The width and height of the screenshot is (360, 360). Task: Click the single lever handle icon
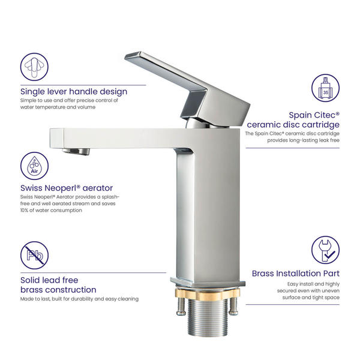(34, 67)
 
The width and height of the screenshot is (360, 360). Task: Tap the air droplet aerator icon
(34, 166)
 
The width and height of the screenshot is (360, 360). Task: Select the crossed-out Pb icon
(34, 255)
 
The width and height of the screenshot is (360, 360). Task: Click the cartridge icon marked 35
(325, 88)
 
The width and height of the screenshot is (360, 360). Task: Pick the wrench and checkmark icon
(325, 250)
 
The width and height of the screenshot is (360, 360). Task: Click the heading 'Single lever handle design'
(74, 91)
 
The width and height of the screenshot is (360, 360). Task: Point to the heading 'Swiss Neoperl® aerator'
(67, 188)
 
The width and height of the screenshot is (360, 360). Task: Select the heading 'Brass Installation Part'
(295, 273)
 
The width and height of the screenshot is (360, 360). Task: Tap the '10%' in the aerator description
(25, 210)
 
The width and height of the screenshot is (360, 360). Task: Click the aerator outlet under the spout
(76, 151)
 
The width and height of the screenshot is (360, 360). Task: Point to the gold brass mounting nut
(208, 293)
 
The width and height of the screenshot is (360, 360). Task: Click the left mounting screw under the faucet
(181, 306)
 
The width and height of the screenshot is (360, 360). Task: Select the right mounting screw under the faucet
(234, 306)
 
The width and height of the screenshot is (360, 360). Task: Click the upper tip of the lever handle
(126, 57)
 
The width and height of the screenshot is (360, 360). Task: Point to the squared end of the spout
(56, 138)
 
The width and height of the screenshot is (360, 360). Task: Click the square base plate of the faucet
(208, 282)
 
